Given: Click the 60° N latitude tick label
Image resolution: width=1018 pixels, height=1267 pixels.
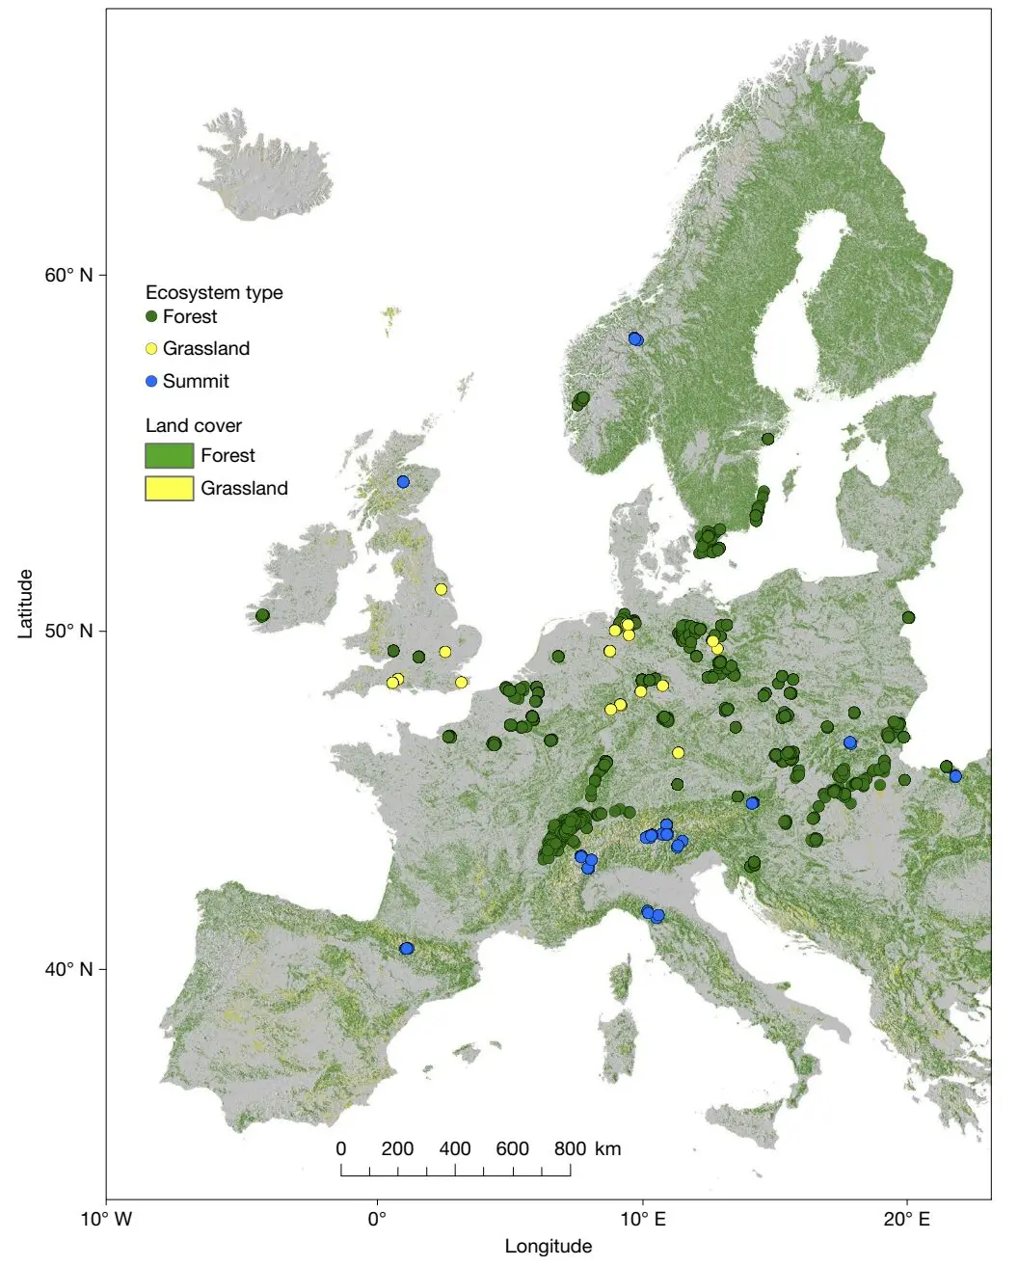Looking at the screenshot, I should [68, 275].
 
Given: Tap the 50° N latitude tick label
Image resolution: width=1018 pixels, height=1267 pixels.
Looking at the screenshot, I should [68, 631].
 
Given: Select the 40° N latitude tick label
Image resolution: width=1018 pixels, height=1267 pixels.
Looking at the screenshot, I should [68, 968].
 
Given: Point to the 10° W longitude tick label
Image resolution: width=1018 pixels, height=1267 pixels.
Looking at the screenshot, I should [106, 1219].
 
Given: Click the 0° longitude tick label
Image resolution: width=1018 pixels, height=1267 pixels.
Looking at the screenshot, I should [377, 1219].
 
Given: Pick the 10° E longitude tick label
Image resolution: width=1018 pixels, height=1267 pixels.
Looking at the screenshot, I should [643, 1219].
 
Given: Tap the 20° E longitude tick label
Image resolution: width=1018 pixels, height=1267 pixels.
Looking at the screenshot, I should [907, 1219].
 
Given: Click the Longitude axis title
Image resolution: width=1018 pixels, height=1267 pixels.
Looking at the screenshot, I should [548, 1246].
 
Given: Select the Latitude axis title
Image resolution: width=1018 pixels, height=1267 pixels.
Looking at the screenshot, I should [26, 603].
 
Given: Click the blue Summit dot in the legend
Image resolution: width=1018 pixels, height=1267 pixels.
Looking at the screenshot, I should [151, 381].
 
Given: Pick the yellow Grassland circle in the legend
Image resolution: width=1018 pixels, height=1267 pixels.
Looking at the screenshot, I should [151, 349].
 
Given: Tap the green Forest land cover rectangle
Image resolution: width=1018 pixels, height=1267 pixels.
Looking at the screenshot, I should [169, 455].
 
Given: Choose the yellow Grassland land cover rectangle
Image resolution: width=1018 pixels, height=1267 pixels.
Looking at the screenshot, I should [169, 488].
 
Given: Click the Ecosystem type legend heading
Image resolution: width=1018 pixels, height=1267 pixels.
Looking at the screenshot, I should [214, 292].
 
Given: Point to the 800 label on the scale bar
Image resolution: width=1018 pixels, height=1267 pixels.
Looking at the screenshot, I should [570, 1148].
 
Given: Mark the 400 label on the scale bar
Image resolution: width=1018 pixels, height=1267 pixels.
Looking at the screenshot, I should [455, 1148].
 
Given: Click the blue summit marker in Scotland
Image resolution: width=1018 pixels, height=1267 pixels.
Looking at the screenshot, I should [403, 481].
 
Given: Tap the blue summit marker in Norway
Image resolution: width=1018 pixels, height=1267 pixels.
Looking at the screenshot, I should [635, 338].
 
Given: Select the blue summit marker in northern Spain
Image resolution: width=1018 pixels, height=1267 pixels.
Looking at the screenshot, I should [407, 948].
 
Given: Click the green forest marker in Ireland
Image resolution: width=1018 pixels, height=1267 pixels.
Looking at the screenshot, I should [262, 615].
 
